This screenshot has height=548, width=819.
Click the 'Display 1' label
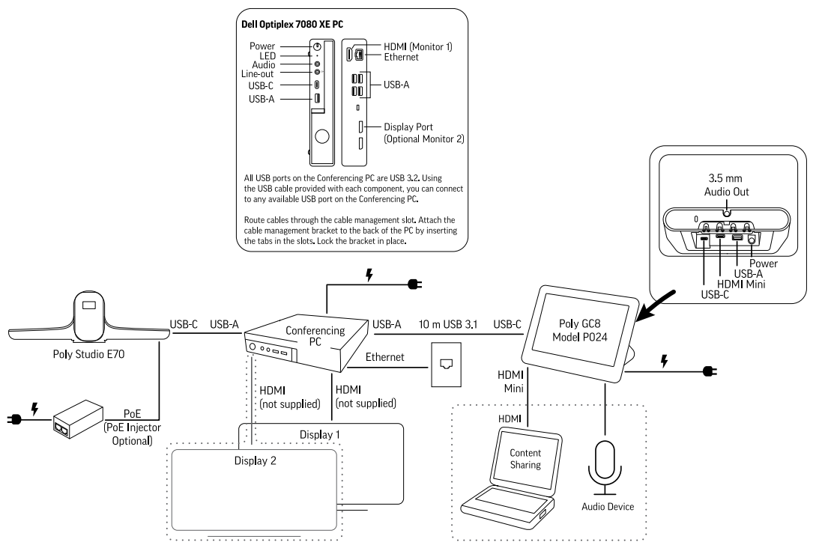coord(319,433)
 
